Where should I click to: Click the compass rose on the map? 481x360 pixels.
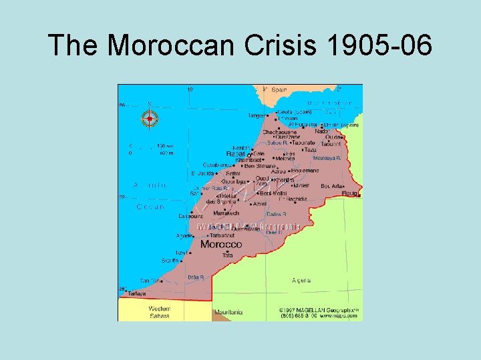coord(150,119)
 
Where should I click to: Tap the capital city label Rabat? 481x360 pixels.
coord(235,154)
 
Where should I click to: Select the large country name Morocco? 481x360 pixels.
coord(221,245)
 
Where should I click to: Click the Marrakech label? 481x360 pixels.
coord(226,213)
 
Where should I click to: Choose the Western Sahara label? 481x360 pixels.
coord(159,312)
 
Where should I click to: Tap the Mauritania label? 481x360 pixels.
coord(228,312)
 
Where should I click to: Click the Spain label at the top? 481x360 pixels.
coord(279,89)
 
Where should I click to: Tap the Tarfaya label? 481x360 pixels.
coord(136,293)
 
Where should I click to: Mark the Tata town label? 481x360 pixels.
coord(228,255)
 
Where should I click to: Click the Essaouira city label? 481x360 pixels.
coord(190,216)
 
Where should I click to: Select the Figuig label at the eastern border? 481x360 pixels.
coord(351,194)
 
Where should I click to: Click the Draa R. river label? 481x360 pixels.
coord(196,277)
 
